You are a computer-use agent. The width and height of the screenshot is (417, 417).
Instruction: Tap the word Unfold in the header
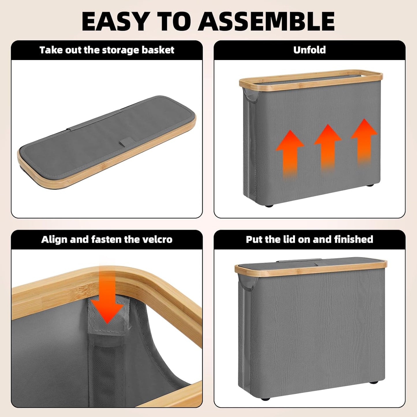309,50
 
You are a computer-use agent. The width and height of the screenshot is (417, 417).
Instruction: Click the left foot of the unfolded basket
269,205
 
